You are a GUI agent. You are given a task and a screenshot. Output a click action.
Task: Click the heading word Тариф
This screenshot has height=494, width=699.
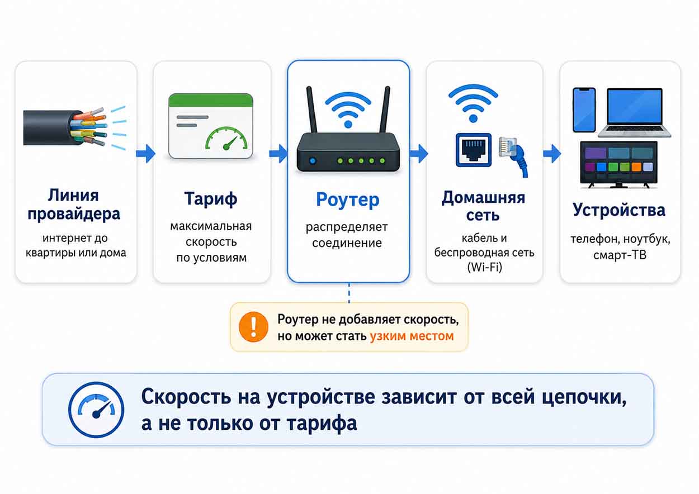click(211, 199)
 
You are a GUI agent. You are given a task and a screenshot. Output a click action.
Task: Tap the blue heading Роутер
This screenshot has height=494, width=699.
click(348, 200)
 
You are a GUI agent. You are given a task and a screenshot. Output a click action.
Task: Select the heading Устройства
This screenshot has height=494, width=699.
click(619, 211)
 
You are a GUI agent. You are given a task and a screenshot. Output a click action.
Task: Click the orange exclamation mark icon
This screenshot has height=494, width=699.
click(253, 327)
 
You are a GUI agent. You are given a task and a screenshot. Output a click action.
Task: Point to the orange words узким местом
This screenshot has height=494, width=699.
click(412, 336)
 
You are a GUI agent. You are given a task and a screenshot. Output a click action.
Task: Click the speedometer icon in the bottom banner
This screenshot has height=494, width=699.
click(96, 410)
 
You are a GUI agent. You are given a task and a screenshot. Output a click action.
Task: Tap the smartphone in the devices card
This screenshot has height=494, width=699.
click(584, 110)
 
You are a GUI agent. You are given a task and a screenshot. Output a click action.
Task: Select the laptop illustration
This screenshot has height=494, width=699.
click(635, 112)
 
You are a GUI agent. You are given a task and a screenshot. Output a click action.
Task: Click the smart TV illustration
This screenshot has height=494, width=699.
click(618, 164)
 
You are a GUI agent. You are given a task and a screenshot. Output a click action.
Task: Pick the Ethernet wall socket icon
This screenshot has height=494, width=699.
click(474, 150)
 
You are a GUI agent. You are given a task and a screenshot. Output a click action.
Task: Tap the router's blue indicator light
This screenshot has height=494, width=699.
click(313, 161)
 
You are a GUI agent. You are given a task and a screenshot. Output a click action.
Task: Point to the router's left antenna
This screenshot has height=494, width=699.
click(311, 110)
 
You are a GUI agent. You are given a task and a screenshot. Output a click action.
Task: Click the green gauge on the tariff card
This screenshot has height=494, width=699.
click(226, 139)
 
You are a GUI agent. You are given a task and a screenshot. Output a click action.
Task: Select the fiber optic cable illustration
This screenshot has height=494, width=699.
click(75, 127)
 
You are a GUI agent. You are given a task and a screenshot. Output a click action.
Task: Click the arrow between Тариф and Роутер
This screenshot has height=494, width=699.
click(278, 154)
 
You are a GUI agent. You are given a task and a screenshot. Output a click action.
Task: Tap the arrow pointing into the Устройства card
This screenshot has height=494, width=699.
click(552, 154)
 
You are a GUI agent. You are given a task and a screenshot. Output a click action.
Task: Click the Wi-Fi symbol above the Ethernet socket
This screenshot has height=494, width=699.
click(473, 103)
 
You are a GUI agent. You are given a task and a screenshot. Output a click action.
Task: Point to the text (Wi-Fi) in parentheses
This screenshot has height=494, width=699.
click(485, 267)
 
